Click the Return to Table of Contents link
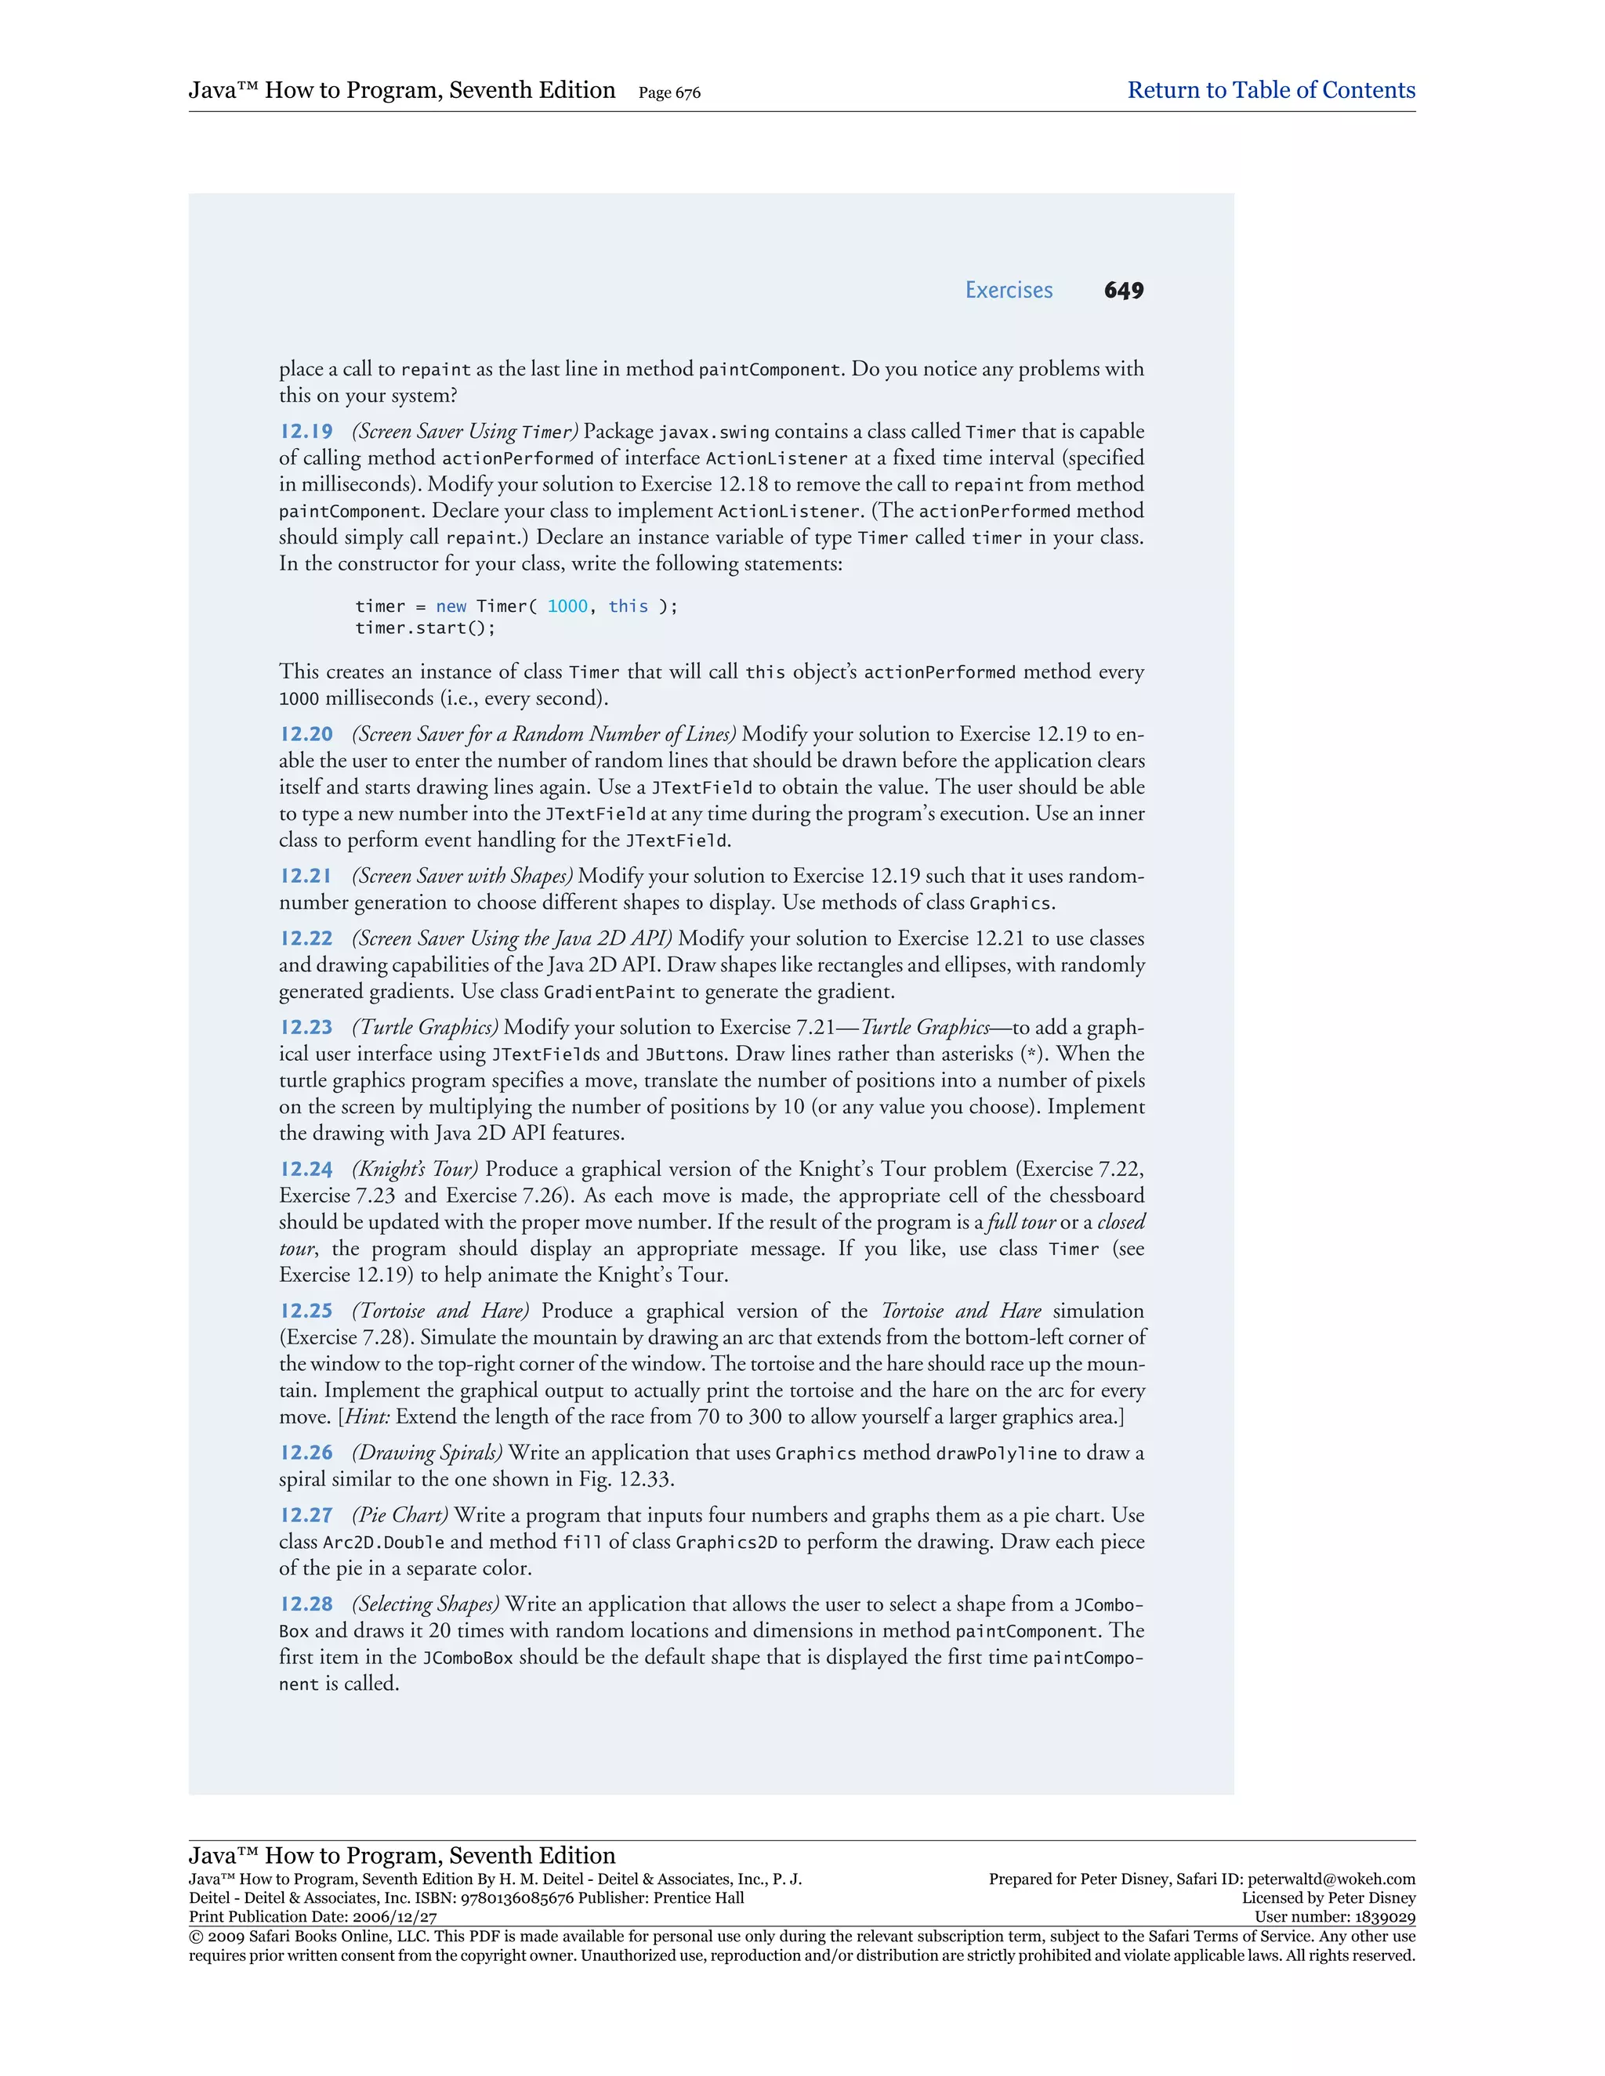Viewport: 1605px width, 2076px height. pos(1270,90)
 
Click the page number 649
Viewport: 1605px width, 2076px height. pos(1123,291)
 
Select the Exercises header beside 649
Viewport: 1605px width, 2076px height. pos(1008,291)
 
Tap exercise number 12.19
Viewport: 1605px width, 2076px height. pos(306,432)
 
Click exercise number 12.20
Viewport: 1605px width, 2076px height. pos(306,735)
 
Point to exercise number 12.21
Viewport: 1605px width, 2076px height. pos(306,877)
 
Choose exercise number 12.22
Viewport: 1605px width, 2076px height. pos(306,939)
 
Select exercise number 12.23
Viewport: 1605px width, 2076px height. pos(306,1028)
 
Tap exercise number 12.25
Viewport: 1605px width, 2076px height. pos(306,1311)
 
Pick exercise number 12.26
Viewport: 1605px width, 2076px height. pos(306,1453)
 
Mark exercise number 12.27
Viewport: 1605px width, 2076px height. pos(306,1516)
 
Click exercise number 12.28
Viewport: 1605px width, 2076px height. pos(306,1604)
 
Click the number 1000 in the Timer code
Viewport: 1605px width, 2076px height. pos(567,606)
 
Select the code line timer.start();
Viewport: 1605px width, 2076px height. pos(425,628)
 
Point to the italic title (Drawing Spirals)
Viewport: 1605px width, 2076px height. pos(427,1453)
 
